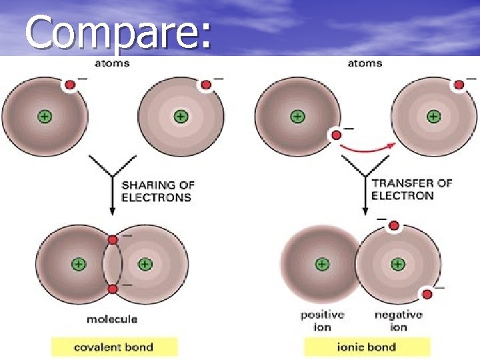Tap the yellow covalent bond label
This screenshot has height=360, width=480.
point(114,347)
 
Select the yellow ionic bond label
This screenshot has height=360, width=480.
point(366,347)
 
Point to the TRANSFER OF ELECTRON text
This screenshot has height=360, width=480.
point(411,189)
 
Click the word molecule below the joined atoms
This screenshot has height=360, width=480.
point(112,319)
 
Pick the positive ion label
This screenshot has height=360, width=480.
point(321,321)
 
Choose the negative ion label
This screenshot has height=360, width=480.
point(398,321)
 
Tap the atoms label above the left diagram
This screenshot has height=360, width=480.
point(112,63)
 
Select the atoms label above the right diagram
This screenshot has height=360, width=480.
point(365,63)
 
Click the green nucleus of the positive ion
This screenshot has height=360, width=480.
point(322,264)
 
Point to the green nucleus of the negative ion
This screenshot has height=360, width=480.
point(398,264)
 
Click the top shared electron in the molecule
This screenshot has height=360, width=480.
point(113,239)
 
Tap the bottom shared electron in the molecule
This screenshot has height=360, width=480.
point(113,289)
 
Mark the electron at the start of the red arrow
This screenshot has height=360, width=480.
point(337,135)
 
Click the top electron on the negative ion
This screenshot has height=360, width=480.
point(394,226)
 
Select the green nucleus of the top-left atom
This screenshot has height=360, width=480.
point(44,117)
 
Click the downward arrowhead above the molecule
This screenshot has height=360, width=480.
point(112,210)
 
